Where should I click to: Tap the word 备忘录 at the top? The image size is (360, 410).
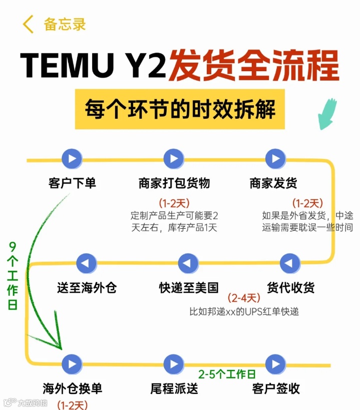point(65,24)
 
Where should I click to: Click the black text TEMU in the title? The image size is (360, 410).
point(67,66)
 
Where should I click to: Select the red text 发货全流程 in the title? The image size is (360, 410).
point(253,66)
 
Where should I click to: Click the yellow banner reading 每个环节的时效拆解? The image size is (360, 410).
point(180,109)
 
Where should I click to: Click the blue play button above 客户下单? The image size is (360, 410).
point(72,159)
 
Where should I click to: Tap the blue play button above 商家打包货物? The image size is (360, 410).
point(174,159)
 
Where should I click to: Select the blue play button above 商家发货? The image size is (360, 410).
point(275,159)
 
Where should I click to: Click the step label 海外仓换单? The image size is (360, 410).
point(72,388)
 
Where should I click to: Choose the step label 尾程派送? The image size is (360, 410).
point(174,388)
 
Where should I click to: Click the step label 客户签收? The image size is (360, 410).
point(276,388)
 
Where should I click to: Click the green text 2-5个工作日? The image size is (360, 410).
point(227,374)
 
